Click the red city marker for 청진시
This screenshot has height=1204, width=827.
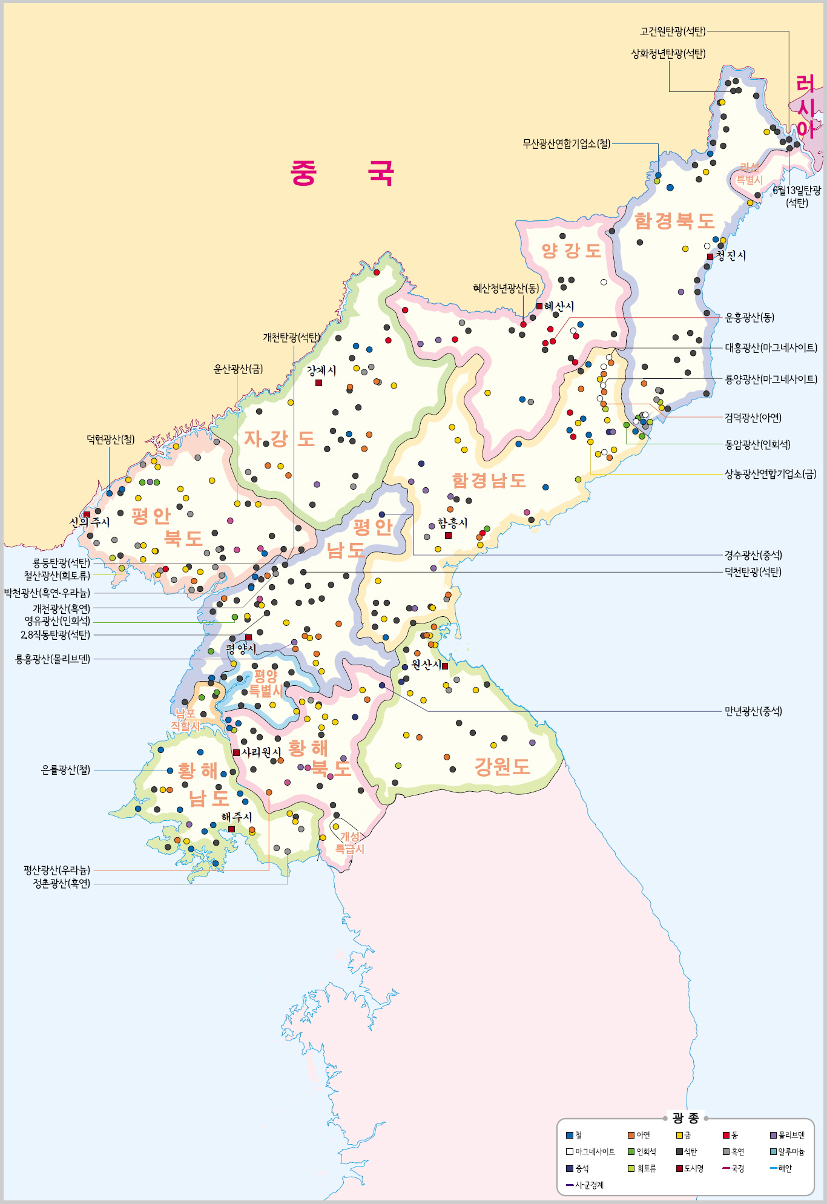tap(710, 257)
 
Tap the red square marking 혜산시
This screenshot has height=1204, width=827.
tap(539, 306)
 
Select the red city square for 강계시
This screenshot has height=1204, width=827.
tap(318, 383)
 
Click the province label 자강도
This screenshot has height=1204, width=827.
tap(279, 438)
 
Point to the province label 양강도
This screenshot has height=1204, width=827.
tap(571, 251)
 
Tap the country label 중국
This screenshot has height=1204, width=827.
tap(342, 173)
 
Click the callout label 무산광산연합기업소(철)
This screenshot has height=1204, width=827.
tap(567, 144)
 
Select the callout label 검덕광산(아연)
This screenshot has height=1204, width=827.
tap(753, 418)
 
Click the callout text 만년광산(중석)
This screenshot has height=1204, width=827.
tap(753, 711)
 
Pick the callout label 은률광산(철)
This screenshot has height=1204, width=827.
tap(65, 770)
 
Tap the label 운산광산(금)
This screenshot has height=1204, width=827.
tap(238, 369)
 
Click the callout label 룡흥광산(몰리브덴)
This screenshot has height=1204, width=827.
tap(53, 659)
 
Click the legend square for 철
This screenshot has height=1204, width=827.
tap(570, 1136)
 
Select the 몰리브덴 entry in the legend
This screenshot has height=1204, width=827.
tap(787, 1136)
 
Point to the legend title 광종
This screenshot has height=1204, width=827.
tap(685, 1118)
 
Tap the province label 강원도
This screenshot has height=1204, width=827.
tap(502, 766)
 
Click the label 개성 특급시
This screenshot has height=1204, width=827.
tap(350, 843)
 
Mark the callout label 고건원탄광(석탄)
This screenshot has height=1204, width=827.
tap(673, 31)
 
